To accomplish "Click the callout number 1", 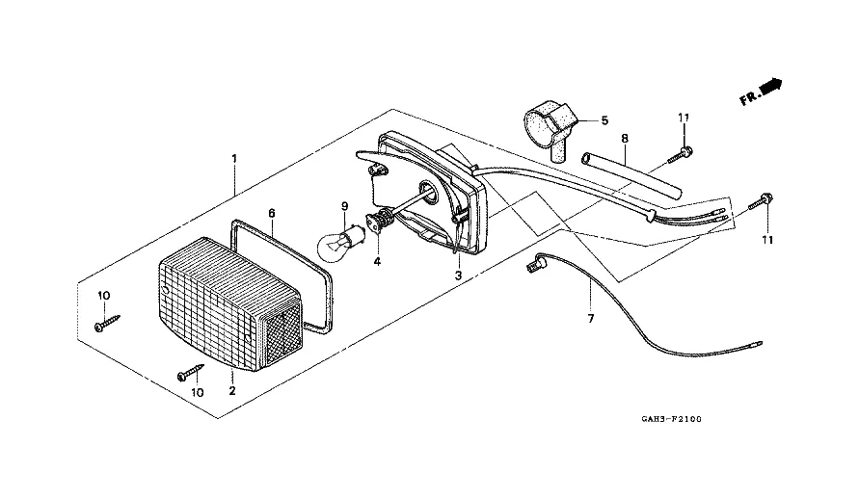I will [x=232, y=156].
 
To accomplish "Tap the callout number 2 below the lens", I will [x=232, y=391].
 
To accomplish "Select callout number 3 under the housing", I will [x=458, y=276].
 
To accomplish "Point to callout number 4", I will [x=378, y=261].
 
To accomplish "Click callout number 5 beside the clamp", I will [x=604, y=121].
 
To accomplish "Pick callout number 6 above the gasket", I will [x=272, y=213].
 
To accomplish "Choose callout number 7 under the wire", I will [x=590, y=318].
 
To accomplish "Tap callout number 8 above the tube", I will [x=625, y=139].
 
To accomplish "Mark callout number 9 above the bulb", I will [x=343, y=206].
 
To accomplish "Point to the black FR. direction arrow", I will [x=770, y=88].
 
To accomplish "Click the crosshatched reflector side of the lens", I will [x=280, y=332].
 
